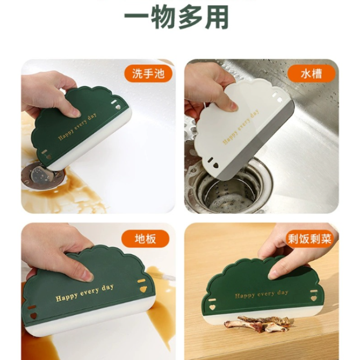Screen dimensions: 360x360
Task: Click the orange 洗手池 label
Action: pos(148,74)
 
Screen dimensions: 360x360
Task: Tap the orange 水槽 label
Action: pos(312,74)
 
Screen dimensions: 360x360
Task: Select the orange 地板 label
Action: pos(145,239)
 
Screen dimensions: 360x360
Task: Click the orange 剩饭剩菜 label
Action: pos(310,239)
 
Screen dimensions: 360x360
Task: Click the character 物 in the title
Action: pos(163,17)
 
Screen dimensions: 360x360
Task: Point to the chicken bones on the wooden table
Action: pos(258,323)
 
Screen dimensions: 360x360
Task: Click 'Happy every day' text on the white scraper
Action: pos(241,127)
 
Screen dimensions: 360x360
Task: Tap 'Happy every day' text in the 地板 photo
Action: pos(85,293)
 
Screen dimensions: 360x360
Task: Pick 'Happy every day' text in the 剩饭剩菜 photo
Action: pos(262,294)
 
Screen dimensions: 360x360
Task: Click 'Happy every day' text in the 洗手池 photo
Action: pos(77,126)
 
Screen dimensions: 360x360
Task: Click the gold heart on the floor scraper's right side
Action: pos(143,289)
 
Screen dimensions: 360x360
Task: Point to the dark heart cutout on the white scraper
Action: pos(216,165)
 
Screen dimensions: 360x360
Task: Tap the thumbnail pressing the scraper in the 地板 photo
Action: pos(87,275)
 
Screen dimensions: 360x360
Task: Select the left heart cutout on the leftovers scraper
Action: pos(212,307)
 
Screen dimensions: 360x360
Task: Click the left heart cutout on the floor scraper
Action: pos(33,315)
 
